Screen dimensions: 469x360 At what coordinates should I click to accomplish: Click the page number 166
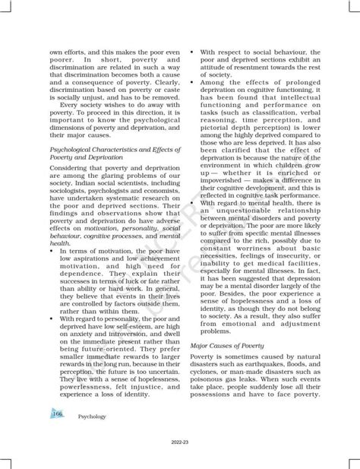[x=58, y=413]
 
